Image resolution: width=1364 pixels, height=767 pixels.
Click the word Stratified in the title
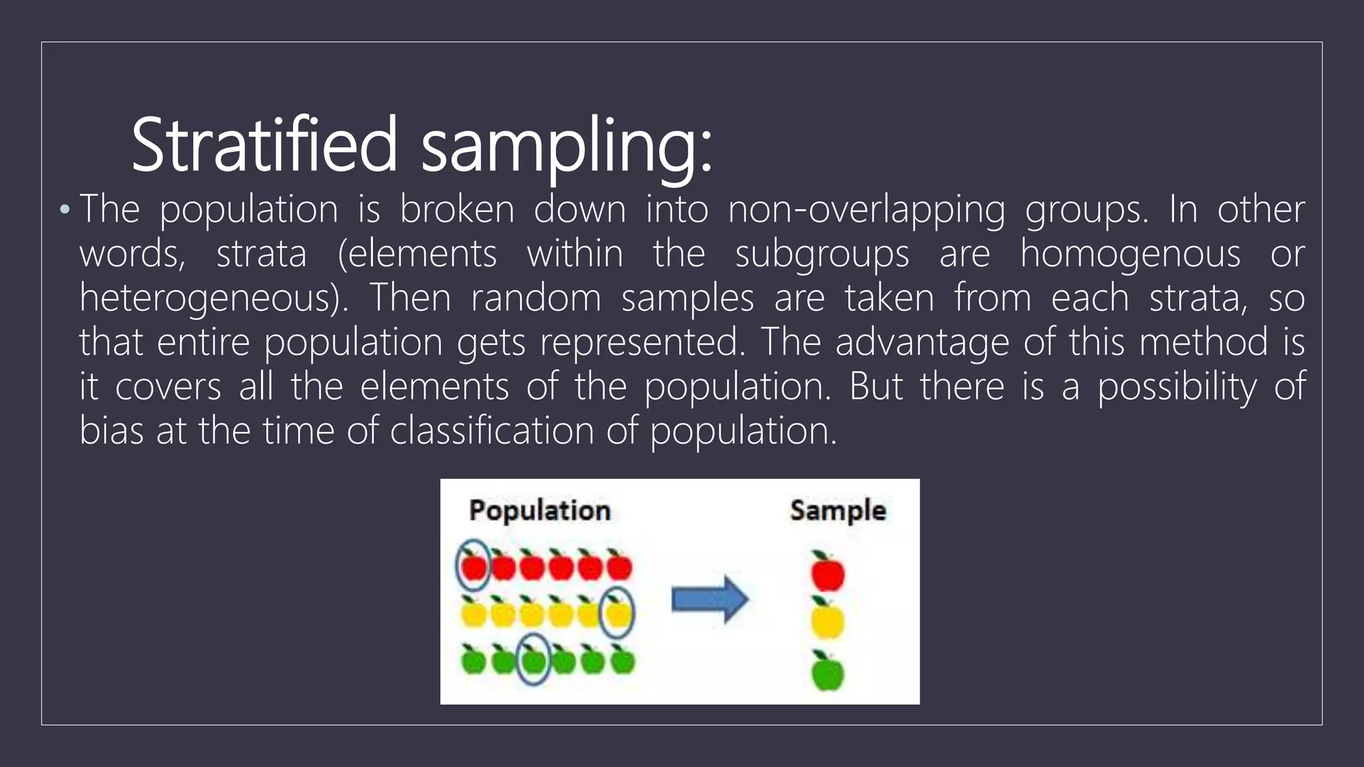264,144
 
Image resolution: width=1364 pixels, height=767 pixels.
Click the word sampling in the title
566,146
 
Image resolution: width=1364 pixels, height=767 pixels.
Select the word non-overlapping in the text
866,210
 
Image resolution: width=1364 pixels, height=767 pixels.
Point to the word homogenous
1130,254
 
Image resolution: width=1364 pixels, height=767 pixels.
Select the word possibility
1177,387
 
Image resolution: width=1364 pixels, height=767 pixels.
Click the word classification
492,431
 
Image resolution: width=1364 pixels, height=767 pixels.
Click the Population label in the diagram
539,511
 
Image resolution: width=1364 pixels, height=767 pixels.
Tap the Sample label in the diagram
838,511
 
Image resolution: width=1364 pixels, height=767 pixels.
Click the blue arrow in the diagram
709,599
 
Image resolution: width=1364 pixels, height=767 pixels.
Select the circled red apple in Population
474,567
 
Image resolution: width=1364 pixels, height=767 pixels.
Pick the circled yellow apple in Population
617,613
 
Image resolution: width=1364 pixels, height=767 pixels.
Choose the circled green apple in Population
533,660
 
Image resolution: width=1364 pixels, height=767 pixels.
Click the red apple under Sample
827,573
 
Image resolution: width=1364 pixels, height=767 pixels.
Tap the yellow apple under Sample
827,619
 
